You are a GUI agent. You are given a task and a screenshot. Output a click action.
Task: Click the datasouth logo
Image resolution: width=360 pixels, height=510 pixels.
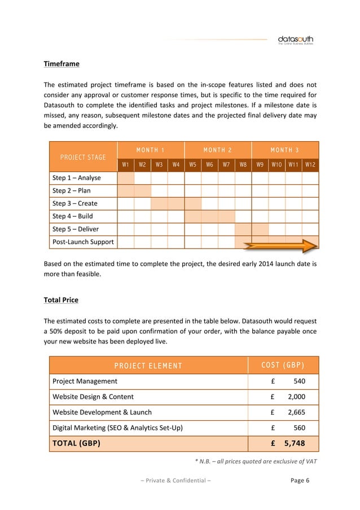[295, 40]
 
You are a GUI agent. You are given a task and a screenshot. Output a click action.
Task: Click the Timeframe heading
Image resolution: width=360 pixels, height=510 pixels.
[62, 64]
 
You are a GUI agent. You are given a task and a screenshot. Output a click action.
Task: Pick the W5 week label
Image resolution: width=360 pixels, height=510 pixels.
[192, 165]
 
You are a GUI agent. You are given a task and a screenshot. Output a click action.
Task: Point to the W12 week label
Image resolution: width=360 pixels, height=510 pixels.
[310, 165]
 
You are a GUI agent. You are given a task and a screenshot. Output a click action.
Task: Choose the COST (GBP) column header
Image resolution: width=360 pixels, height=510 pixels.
[284, 365]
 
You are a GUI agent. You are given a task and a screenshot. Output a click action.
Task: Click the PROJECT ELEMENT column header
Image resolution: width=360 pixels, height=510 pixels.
[148, 365]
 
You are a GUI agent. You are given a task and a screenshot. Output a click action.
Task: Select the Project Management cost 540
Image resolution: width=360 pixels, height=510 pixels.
[300, 381]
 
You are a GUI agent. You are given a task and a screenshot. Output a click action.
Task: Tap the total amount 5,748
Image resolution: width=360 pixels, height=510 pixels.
[295, 443]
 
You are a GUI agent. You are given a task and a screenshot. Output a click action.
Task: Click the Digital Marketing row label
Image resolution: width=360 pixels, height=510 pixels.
[117, 428]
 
